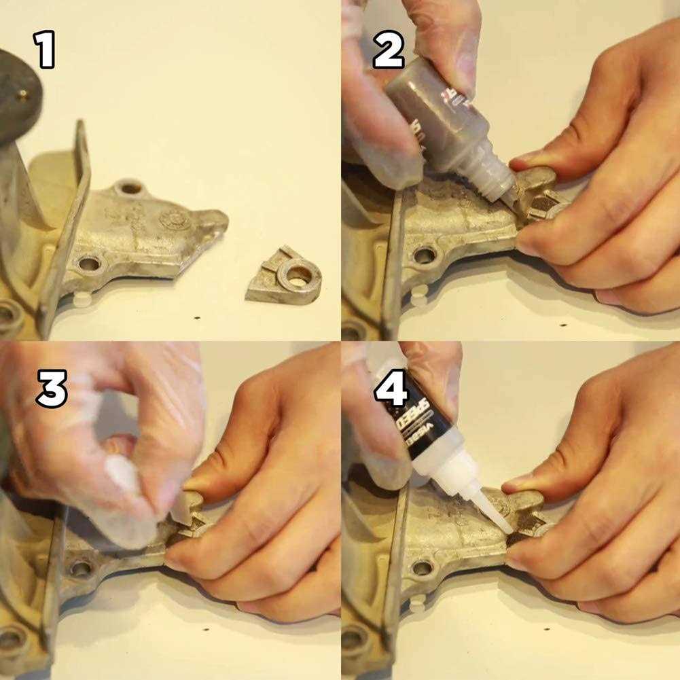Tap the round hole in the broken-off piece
tap(298, 275)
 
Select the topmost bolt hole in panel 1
tap(129, 187)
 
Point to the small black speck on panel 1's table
tap(197, 317)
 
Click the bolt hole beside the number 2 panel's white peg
tap(425, 255)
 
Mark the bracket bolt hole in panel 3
tap(82, 568)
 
